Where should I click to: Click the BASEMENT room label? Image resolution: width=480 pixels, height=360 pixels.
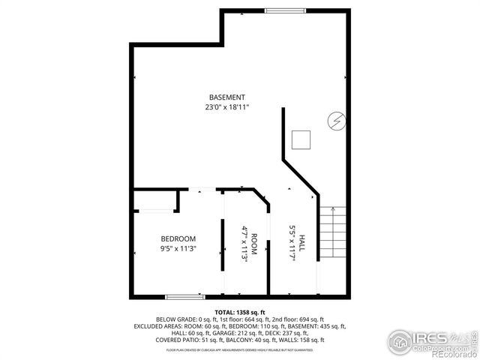coord(226,97)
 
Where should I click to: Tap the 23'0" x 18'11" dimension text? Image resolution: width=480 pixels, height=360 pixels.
coord(226,107)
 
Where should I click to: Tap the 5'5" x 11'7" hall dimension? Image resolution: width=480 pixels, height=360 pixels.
coord(292,243)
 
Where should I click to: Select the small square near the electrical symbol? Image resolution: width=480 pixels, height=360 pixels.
coord(301,139)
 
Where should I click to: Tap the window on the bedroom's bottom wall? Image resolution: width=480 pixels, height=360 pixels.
coord(184,296)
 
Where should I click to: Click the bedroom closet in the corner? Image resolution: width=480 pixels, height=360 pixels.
coord(155,200)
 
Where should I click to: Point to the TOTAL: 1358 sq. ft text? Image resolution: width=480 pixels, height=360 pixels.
coord(240,311)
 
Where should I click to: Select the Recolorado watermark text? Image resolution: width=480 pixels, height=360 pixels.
coord(453,355)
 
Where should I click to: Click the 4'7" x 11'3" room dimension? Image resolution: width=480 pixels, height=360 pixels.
coord(244,243)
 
